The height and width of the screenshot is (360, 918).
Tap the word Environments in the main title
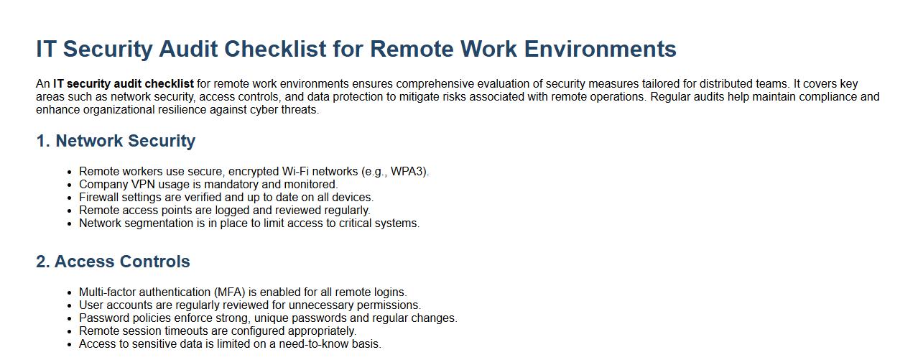[x=600, y=49]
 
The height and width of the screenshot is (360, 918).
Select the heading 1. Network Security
[x=116, y=141]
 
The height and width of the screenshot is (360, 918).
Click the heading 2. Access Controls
[x=113, y=262]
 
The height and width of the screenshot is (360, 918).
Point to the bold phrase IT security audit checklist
[x=123, y=84]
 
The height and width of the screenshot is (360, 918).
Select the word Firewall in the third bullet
[x=98, y=198]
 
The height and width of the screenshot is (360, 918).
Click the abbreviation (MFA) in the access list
[x=234, y=292]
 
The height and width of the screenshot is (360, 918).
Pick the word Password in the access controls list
[x=103, y=318]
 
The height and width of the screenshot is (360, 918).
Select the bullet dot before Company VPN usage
[x=70, y=185]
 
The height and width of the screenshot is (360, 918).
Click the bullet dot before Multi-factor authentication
[x=70, y=292]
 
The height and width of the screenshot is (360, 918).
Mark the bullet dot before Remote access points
[x=70, y=211]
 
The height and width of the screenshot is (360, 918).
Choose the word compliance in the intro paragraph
[x=826, y=97]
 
